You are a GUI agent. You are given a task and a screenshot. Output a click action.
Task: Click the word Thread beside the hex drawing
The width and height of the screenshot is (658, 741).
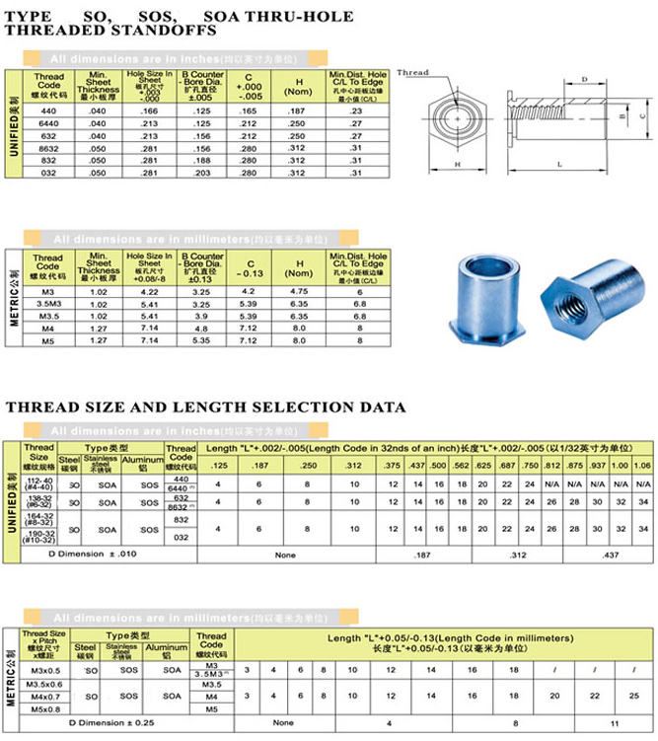click(413, 72)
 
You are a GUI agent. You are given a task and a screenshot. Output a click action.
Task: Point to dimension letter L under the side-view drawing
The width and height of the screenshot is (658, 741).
click(558, 164)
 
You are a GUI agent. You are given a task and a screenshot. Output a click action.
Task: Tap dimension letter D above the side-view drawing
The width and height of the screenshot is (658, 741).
click(585, 78)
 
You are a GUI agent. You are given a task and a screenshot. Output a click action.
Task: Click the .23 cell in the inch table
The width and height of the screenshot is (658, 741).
click(357, 111)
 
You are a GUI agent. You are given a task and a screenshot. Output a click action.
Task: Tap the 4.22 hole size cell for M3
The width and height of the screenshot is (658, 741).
click(149, 292)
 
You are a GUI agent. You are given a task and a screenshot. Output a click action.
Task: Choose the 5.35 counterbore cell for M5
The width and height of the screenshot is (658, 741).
click(200, 340)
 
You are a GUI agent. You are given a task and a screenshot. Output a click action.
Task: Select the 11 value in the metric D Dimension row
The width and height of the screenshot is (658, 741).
click(615, 723)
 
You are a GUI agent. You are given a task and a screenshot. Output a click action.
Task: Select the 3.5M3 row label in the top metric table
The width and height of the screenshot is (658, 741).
click(48, 304)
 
